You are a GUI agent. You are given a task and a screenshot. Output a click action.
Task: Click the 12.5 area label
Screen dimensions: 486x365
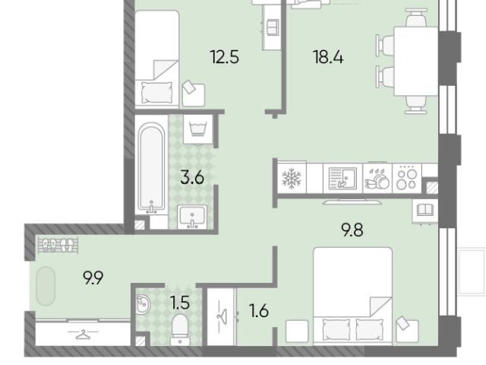225,57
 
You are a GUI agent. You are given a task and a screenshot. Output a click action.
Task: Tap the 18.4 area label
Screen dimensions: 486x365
328,57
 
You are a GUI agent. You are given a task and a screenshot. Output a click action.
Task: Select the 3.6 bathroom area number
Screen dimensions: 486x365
192,177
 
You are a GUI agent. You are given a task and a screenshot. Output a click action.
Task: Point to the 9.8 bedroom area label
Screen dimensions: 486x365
352,230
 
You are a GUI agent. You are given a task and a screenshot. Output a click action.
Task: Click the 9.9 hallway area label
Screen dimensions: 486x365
93,278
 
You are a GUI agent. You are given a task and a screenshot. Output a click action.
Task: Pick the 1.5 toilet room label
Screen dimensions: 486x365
180,303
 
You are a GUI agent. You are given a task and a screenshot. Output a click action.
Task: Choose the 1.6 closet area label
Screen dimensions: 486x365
259,311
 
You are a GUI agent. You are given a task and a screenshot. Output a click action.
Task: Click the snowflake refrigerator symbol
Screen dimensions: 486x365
292,178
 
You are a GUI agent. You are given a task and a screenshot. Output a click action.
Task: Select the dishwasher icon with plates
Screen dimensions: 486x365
377,179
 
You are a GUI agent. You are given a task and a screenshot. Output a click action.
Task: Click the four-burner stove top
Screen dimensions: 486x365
407,178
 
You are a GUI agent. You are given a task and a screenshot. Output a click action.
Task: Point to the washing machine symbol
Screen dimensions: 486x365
198,129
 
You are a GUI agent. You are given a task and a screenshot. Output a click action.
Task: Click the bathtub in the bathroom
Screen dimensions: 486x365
151,168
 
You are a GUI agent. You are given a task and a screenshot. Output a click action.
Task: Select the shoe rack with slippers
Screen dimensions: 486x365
58,245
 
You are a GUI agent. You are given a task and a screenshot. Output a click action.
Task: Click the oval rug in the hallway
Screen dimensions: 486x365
46,286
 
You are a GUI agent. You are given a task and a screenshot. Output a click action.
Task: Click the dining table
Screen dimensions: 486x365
415,61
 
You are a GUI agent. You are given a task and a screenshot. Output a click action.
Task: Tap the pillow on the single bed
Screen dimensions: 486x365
156,93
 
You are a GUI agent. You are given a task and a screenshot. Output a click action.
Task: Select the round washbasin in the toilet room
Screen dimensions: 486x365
144,304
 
